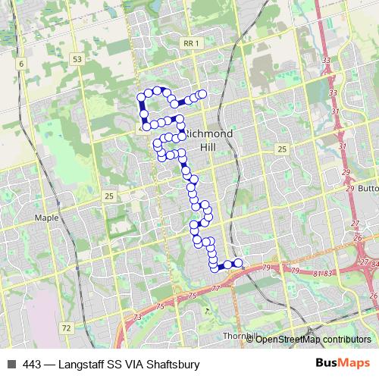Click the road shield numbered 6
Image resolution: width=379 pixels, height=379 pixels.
22,64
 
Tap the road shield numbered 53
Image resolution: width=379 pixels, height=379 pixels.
77,58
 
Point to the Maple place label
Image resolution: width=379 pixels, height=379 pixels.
46,218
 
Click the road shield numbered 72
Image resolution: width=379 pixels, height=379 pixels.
67,328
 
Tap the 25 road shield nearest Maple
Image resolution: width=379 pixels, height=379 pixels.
109,196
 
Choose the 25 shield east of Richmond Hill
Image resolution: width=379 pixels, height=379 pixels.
282,149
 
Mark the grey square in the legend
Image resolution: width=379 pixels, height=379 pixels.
11,365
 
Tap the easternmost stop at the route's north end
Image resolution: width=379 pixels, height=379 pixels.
202,94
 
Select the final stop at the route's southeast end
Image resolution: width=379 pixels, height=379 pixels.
239,263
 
